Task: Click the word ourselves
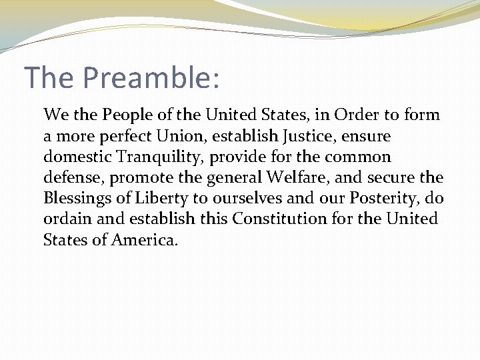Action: click(237, 199)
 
